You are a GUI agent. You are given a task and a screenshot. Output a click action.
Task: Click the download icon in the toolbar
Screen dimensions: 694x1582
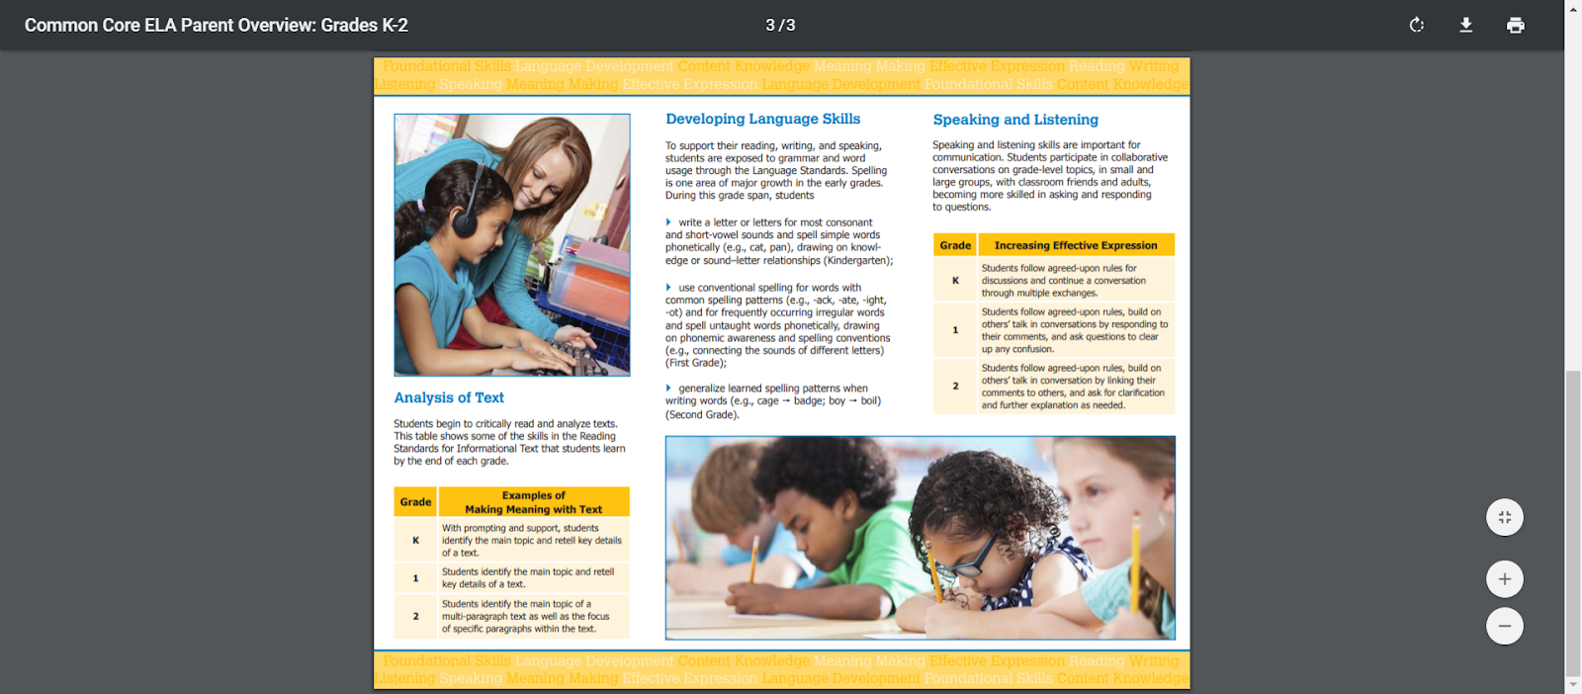point(1465,26)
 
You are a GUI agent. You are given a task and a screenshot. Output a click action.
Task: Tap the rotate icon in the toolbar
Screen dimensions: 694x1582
point(1416,26)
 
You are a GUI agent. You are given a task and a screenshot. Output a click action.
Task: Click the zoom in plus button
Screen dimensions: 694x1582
point(1504,579)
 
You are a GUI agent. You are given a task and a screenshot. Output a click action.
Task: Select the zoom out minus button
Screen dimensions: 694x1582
point(1504,626)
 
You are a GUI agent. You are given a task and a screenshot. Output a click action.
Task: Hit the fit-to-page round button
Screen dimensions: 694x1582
point(1504,517)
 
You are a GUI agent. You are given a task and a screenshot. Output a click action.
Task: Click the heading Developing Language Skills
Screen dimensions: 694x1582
point(762,119)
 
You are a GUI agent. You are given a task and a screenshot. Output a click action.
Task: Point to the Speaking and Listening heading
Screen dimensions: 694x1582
point(1015,120)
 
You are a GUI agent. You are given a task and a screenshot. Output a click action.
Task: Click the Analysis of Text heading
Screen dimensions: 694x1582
point(449,397)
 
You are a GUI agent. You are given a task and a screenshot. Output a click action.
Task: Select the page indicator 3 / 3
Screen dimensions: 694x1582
point(780,26)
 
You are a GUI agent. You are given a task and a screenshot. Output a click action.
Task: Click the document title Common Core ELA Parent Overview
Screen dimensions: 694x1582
point(216,26)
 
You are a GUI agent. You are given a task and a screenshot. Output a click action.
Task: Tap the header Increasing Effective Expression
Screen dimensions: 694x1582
point(1075,245)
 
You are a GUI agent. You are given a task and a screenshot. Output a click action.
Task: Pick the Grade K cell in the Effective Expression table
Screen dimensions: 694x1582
point(955,281)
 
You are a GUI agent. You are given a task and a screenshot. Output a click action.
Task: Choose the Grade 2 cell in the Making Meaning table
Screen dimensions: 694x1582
point(415,616)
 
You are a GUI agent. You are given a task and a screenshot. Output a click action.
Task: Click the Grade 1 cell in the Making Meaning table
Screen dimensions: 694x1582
point(415,578)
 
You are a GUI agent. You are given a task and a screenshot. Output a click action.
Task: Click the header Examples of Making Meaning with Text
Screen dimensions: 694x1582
point(533,502)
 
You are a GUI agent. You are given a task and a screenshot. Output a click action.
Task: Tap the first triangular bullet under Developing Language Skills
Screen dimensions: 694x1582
point(668,222)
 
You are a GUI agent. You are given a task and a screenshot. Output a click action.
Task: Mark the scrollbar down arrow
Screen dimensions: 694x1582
point(1572,684)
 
